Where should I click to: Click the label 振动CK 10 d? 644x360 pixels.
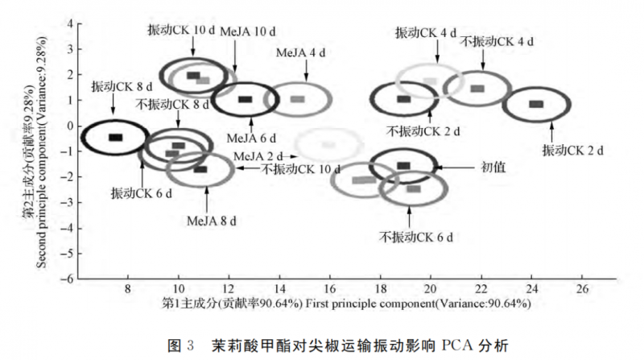click(181, 29)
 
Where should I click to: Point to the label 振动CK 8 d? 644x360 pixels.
click(122, 85)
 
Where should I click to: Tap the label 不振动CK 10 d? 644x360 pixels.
click(299, 169)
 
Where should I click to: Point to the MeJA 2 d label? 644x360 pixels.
click(260, 155)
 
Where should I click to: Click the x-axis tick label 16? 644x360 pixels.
click(329, 288)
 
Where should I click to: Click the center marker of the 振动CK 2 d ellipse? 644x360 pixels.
click(536, 104)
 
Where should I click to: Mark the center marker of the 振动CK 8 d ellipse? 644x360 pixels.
click(115, 138)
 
